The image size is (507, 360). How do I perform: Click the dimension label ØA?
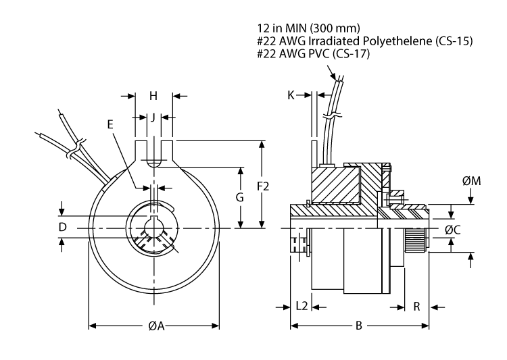(x=154, y=326)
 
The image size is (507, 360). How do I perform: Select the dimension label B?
(x=360, y=326)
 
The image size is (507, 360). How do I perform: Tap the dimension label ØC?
(x=453, y=229)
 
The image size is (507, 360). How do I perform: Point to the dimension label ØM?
(x=471, y=181)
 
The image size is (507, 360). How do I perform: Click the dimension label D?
(x=62, y=228)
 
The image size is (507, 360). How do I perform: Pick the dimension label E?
(x=111, y=124)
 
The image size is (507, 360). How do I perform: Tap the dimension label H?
(x=153, y=96)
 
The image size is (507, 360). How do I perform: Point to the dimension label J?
(x=153, y=117)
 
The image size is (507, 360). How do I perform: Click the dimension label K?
(x=291, y=96)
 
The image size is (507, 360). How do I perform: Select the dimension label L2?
(x=302, y=306)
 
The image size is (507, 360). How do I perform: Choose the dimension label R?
(x=416, y=306)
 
